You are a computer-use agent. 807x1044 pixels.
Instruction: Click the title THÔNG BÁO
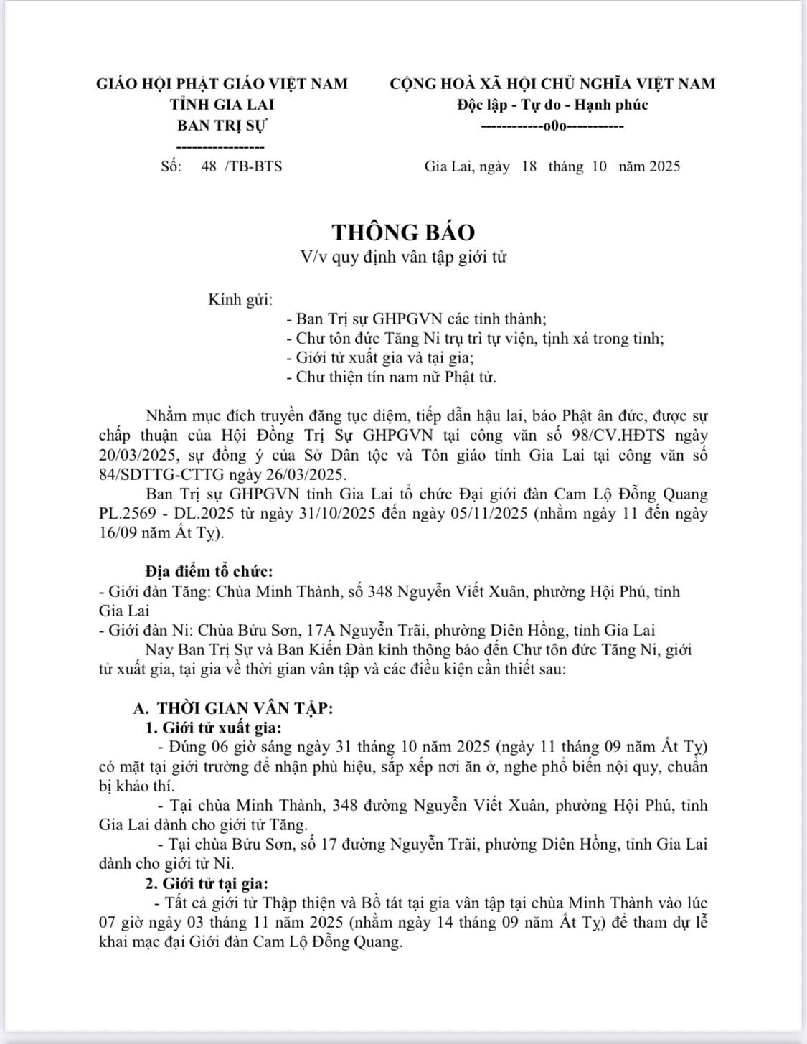403,232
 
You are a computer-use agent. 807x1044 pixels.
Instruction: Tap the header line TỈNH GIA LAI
222,105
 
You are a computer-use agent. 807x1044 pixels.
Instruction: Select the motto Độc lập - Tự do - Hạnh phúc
552,105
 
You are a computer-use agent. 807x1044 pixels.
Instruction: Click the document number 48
209,166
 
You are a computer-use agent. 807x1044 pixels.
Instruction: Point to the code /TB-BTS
253,166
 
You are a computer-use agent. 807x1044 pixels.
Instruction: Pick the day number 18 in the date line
529,166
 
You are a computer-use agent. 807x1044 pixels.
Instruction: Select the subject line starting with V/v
403,257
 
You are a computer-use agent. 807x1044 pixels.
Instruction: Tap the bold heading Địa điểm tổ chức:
209,572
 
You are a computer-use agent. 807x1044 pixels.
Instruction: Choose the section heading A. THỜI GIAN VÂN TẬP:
233,708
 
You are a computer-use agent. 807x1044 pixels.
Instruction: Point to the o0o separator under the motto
552,126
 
